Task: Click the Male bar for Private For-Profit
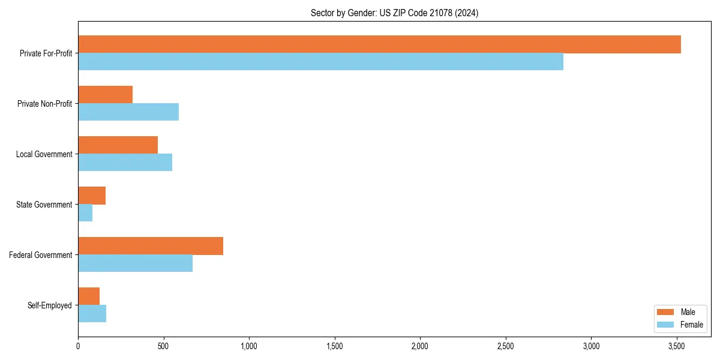click(x=379, y=44)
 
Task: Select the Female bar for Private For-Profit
click(x=320, y=62)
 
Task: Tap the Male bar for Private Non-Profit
click(x=105, y=95)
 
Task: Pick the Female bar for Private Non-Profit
click(x=128, y=112)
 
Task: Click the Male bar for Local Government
click(x=118, y=145)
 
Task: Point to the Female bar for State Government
click(x=85, y=213)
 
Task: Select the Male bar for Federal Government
click(x=151, y=246)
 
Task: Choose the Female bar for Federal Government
click(x=135, y=263)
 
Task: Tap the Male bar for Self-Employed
click(x=89, y=296)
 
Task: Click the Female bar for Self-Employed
click(x=92, y=314)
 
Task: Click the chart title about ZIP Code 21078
click(x=394, y=13)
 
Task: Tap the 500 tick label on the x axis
click(x=163, y=346)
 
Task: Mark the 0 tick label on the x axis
click(x=78, y=346)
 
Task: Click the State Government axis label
click(x=44, y=205)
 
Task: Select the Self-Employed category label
click(x=49, y=305)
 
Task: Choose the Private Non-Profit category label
click(x=44, y=104)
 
